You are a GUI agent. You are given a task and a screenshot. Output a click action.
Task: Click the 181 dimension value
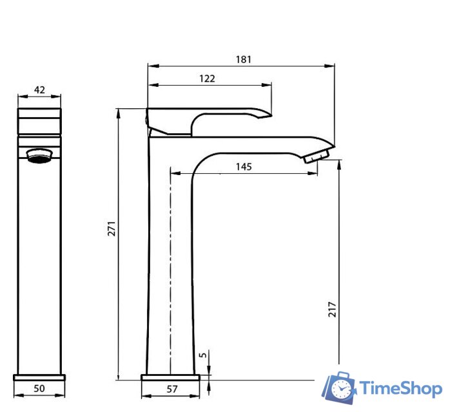(x=244, y=59)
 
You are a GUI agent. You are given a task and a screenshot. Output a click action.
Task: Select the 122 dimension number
(x=207, y=79)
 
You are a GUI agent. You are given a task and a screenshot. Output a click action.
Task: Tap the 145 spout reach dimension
(x=244, y=167)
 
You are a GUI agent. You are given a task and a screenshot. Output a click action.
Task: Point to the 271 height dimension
(x=112, y=229)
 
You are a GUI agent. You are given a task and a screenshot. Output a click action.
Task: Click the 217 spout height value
(x=332, y=309)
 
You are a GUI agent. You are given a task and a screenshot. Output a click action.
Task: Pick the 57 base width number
(x=172, y=389)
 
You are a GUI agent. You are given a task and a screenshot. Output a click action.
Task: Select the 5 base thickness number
(x=203, y=355)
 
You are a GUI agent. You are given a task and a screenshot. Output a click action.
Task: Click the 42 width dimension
(x=39, y=89)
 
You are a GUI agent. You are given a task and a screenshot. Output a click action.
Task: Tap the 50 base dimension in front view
(x=39, y=388)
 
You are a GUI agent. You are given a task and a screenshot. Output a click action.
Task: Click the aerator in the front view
(x=39, y=156)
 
